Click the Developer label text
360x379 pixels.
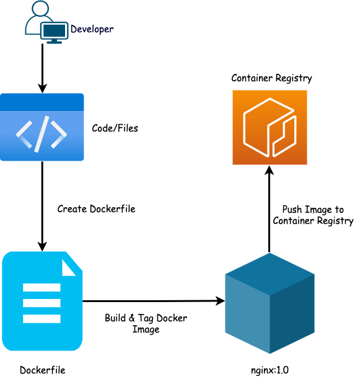coord(92,29)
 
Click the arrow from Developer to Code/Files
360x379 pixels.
coord(42,68)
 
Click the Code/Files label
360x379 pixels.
coord(115,128)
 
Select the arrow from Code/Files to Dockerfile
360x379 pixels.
coord(42,205)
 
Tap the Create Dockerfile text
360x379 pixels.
coord(96,209)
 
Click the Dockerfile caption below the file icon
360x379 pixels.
coord(42,370)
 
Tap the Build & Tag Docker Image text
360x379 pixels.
coord(146,324)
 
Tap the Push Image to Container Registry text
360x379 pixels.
coord(313,215)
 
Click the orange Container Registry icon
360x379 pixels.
coord(270,127)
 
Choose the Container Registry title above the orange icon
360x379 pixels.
coord(271,78)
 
